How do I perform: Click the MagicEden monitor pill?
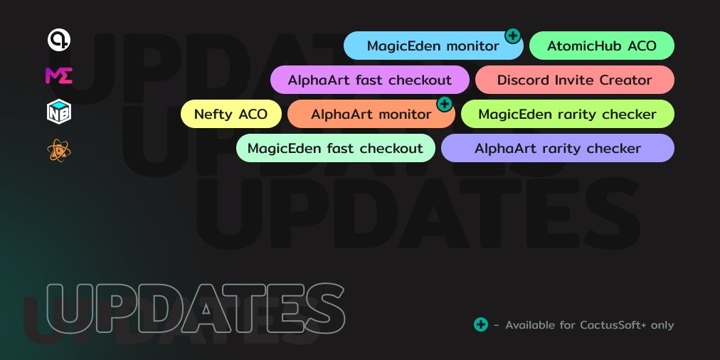pos(433,46)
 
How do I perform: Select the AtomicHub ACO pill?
pos(602,46)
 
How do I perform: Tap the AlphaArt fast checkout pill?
pos(370,80)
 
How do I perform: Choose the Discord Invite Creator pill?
pos(574,80)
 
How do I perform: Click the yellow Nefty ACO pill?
pos(231,114)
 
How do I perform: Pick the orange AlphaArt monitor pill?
pos(371,114)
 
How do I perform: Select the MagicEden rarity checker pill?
pos(567,114)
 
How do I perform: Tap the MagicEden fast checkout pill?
pos(335,148)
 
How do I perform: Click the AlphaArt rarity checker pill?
pos(557,148)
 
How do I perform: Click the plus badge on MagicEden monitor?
pos(512,35)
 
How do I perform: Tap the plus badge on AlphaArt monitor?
pos(444,105)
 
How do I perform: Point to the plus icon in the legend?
pos(481,324)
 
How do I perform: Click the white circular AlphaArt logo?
pos(58,41)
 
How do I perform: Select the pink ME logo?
pos(58,75)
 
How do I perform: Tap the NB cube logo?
pos(58,112)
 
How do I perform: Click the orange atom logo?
pos(58,150)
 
